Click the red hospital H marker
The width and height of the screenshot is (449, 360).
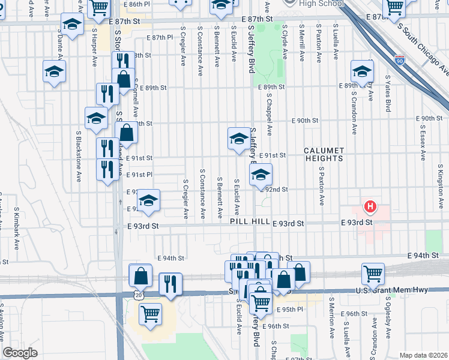tap(370, 208)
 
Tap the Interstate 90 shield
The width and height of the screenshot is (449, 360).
tap(400, 60)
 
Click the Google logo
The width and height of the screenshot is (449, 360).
tap(20, 353)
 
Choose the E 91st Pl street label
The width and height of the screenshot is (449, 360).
tap(139, 175)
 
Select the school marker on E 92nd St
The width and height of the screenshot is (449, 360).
tap(261, 175)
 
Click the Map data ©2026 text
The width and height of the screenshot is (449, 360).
tap(423, 355)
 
